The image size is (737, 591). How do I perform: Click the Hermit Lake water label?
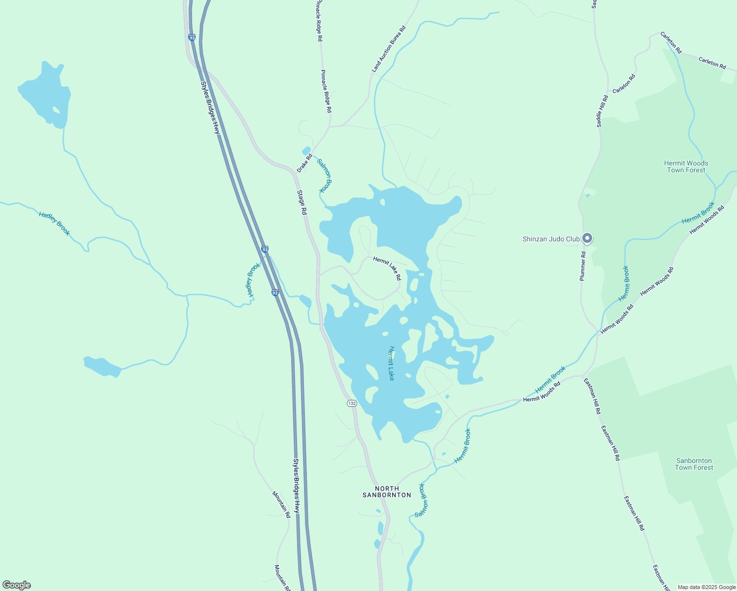coord(392,363)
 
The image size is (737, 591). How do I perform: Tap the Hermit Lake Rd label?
coord(387,268)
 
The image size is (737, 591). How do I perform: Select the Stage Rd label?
coord(302,202)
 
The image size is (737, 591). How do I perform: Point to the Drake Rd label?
coord(304,164)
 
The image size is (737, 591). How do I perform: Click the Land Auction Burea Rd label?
coord(389,49)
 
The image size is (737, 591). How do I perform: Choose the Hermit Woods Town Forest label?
coord(686,166)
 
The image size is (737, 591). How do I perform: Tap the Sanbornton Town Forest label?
coord(694,464)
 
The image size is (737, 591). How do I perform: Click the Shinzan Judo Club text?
coord(551,239)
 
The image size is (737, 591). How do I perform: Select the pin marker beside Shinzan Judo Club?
coord(587,238)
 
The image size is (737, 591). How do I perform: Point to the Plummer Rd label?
coord(583,266)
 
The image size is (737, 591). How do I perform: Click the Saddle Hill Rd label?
coord(602,111)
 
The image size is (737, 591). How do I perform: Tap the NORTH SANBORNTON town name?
coord(387,492)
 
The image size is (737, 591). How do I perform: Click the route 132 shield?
coord(351,403)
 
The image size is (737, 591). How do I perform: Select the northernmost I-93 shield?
coord(192,37)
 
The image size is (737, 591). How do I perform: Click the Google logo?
coord(16,585)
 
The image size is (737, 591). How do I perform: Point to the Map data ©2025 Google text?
coord(706,587)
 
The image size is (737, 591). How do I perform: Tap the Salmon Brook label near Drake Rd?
coord(325,175)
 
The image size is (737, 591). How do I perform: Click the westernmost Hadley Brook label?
coord(55,223)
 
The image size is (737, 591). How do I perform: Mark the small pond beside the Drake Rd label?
coord(306,150)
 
